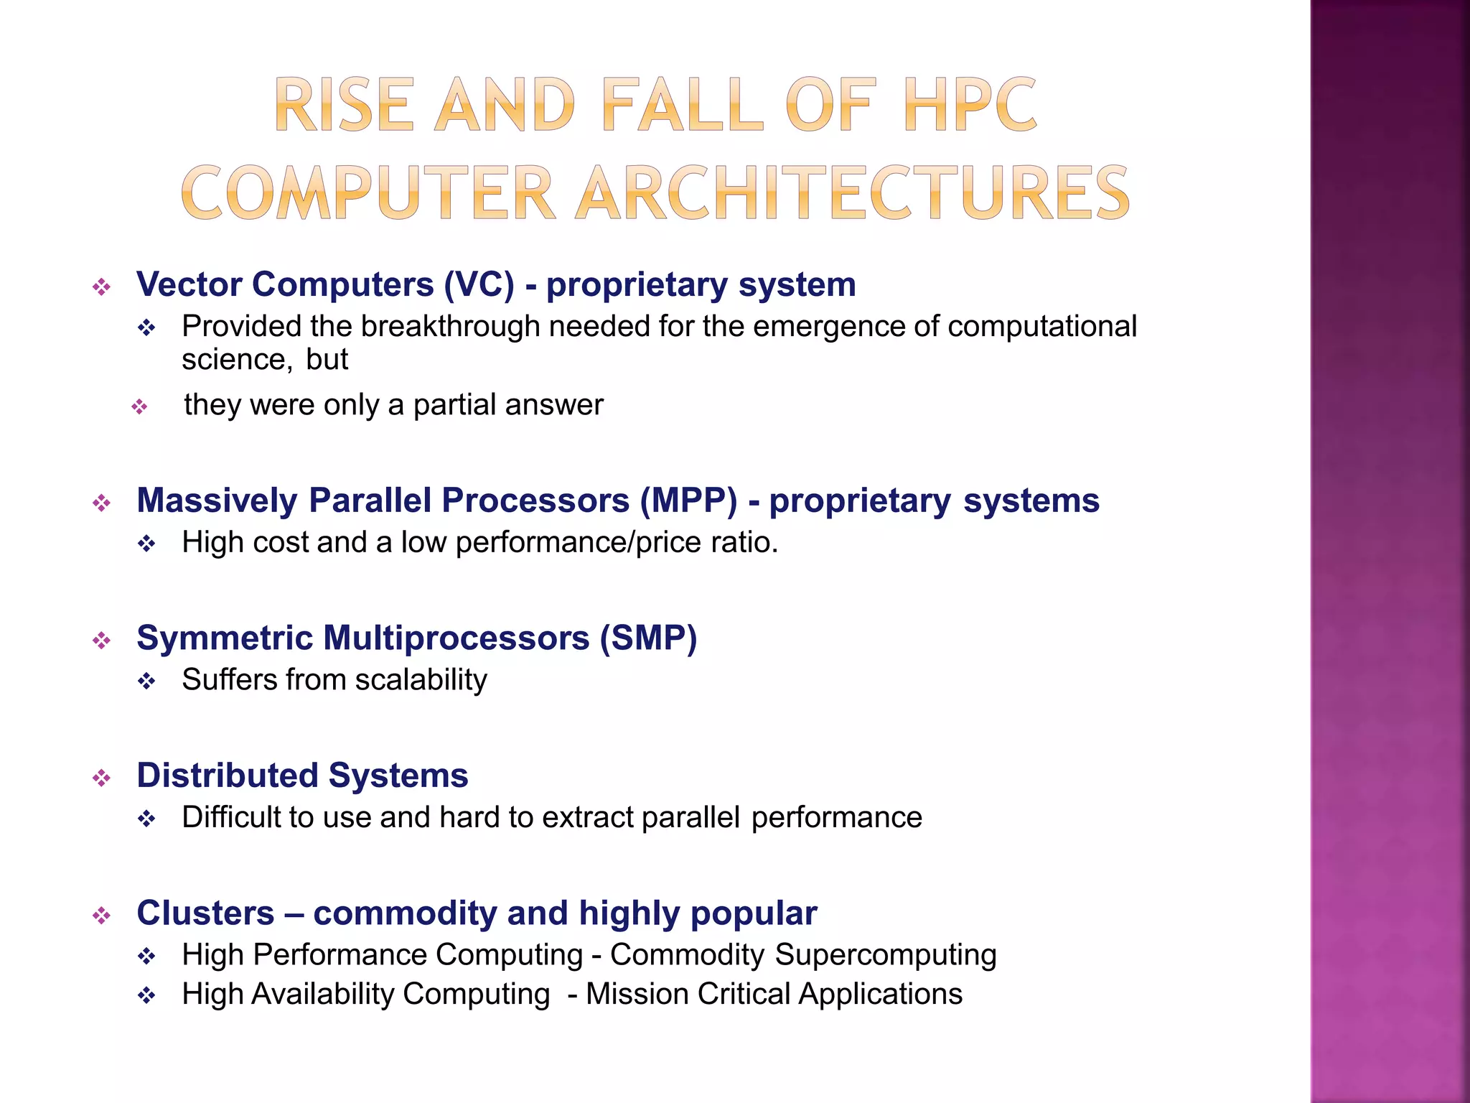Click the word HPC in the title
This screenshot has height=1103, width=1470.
click(x=970, y=106)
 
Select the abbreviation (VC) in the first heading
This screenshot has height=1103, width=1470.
click(x=479, y=284)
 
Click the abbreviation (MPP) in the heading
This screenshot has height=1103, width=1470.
click(x=688, y=501)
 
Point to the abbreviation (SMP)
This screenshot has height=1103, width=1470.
click(x=648, y=638)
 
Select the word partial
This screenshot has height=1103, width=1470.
click(x=454, y=405)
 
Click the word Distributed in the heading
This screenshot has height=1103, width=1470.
click(x=227, y=776)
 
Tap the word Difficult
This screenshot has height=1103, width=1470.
click(x=230, y=818)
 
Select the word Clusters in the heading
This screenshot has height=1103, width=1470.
click(x=205, y=913)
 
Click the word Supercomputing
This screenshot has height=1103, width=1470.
click(x=885, y=956)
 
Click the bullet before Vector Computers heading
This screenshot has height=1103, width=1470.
click(x=102, y=288)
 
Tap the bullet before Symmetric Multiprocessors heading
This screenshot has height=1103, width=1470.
click(x=102, y=641)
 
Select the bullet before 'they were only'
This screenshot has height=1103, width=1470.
click(x=139, y=408)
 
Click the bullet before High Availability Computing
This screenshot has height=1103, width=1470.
click(x=147, y=997)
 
